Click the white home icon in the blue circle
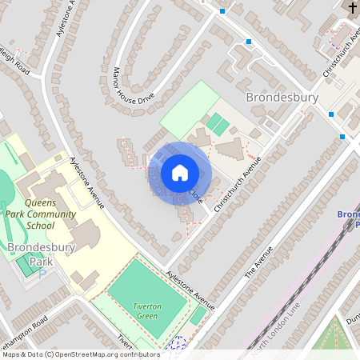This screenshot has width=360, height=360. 180,172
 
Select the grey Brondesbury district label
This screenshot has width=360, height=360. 282,98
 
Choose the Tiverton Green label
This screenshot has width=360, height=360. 146,311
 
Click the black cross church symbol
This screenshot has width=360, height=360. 353,8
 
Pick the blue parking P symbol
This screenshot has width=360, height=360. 42,273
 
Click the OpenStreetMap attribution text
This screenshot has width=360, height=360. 80,354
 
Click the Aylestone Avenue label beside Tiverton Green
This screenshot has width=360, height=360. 190,290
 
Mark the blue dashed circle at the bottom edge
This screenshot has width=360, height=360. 178,344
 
